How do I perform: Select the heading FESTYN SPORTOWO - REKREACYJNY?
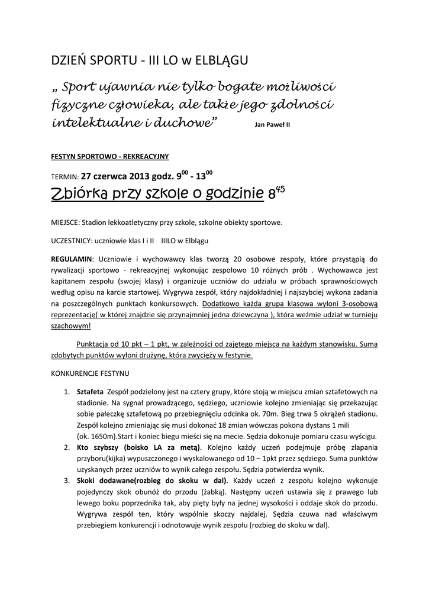[110, 156]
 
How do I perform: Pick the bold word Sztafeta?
[91, 392]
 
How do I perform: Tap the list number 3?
[66, 481]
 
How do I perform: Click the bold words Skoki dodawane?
[105, 481]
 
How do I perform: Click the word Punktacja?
[94, 344]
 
